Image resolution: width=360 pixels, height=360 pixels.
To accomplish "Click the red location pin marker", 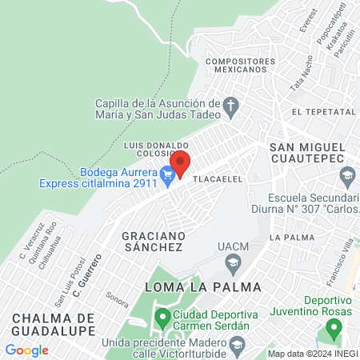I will click(180, 163).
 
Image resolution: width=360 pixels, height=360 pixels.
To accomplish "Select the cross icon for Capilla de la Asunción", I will click(230, 105).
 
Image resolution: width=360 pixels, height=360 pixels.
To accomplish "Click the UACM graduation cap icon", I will click(232, 262).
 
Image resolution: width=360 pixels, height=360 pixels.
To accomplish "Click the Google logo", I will click(26, 350).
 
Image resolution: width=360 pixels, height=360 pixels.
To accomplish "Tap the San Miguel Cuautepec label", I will click(307, 154).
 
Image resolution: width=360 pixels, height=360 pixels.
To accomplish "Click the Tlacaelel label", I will click(218, 180).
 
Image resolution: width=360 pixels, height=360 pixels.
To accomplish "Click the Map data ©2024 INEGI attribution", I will click(312, 354).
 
